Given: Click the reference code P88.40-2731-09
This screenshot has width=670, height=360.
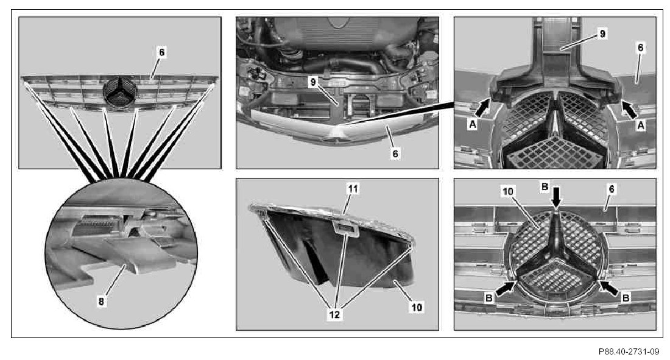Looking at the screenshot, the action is click(629, 351).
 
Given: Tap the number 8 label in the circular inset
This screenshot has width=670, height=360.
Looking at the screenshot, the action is click(101, 302).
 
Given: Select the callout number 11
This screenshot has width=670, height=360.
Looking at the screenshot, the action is click(353, 189).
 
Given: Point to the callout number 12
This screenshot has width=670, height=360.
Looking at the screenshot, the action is click(334, 314).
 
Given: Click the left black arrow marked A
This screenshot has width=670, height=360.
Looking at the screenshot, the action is click(482, 107).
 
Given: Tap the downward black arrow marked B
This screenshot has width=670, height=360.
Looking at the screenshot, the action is click(556, 197).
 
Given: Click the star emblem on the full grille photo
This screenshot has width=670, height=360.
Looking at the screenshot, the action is click(120, 93).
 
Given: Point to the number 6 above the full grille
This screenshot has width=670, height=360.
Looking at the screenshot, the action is click(161, 52).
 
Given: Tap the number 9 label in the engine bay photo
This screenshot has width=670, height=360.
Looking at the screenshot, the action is click(313, 82).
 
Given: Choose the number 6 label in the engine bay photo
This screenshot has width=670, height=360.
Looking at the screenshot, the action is click(395, 154).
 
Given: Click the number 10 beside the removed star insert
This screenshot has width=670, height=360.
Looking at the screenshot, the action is click(417, 307).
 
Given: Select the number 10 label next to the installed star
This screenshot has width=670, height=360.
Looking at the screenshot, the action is click(508, 191).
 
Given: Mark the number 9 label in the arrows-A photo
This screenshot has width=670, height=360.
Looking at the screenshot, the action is click(602, 34).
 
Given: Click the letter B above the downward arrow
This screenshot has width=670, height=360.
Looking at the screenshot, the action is click(545, 186).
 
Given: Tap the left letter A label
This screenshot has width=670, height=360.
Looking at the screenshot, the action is click(472, 124).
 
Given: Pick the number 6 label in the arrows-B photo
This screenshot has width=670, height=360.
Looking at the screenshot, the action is click(612, 189).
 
